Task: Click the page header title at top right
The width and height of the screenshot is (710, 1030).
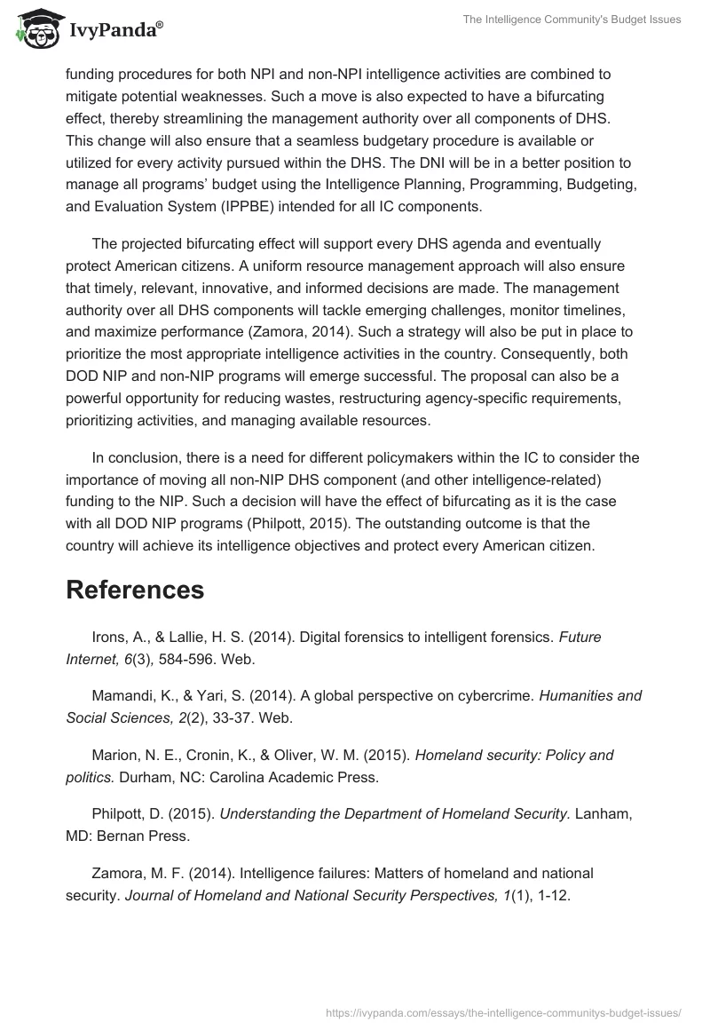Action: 572,20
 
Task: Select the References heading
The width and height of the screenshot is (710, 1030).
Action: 135,590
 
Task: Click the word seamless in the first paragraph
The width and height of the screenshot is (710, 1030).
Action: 308,139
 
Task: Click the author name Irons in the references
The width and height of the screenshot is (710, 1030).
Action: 110,636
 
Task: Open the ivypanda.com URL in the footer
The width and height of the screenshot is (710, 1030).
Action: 503,1011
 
